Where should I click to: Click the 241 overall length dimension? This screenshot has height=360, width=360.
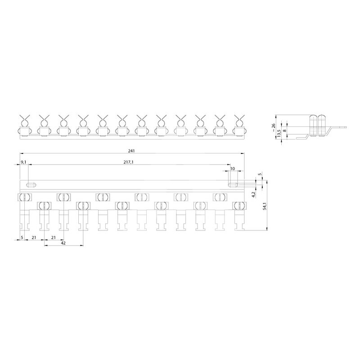click(131, 151)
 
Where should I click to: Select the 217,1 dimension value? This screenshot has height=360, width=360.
click(129, 162)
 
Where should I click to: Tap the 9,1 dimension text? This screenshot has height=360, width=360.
click(24, 162)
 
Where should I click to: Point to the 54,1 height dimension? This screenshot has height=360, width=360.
click(264, 206)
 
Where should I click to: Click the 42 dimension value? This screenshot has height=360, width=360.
click(63, 243)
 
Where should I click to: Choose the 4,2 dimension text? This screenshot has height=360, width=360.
click(253, 195)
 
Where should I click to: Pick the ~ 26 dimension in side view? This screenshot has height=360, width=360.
click(273, 127)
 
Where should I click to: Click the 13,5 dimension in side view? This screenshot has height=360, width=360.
click(279, 133)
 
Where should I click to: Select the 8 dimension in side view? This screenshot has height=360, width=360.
click(285, 130)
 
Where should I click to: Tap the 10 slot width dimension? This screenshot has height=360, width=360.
click(233, 168)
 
